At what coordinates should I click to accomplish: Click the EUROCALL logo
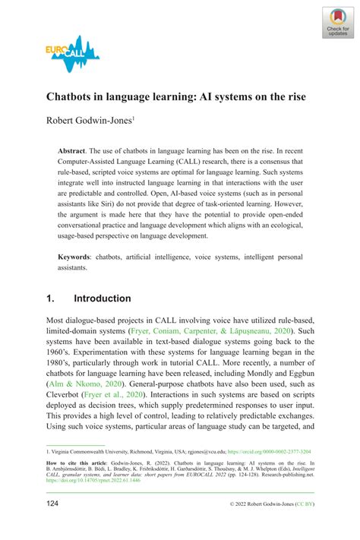pos(73,55)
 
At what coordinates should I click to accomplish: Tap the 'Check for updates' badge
pos(337,23)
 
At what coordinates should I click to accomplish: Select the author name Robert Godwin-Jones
pos(90,120)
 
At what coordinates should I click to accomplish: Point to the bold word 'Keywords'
pos(76,257)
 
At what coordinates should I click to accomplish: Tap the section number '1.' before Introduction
pos(52,298)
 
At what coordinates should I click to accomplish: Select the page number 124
pos(55,526)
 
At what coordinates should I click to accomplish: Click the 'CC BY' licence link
pos(300,526)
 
